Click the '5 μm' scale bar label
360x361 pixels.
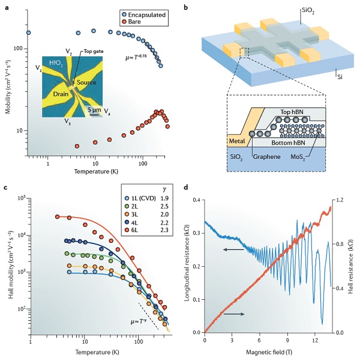tap(92, 110)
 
